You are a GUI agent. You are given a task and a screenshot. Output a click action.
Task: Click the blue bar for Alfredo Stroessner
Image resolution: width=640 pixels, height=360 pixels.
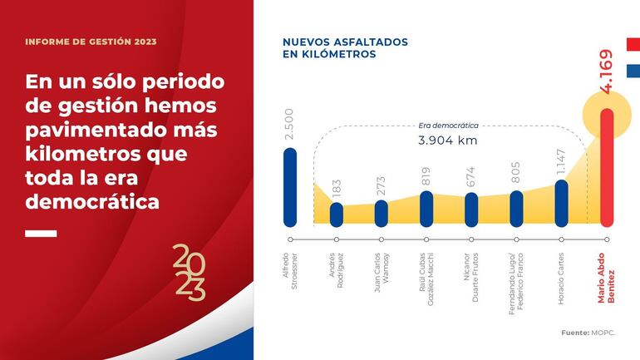[x=289, y=187]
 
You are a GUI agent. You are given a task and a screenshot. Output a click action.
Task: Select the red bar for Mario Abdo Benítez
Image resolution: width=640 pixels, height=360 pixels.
[x=607, y=166]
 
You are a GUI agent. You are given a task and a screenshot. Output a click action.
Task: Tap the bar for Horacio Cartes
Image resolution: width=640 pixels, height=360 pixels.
[x=561, y=203]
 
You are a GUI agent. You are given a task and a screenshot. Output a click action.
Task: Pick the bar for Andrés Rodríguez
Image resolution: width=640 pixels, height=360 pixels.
[x=336, y=214]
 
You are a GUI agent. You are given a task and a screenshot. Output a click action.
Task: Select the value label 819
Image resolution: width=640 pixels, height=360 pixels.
[x=426, y=175]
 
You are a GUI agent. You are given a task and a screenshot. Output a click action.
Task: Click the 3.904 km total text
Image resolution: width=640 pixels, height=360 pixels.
[x=447, y=141]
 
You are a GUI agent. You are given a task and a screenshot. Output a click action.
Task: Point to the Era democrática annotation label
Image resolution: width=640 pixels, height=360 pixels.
[x=448, y=126]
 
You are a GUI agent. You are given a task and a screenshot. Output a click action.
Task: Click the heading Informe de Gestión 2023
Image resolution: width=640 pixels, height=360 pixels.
[x=91, y=42]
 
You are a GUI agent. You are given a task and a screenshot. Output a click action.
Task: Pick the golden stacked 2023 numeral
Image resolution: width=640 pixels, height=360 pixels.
[x=189, y=272]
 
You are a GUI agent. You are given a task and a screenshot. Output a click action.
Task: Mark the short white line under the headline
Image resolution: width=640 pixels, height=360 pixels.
[x=41, y=234]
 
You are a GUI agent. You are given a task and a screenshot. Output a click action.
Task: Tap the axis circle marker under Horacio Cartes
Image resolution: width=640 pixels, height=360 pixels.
[x=561, y=239]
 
